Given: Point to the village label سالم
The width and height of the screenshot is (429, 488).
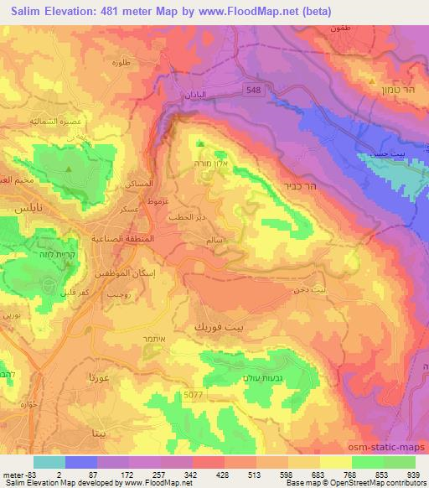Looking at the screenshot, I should pyautogui.click(x=214, y=241).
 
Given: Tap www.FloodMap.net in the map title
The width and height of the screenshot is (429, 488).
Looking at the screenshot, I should pyautogui.click(x=254, y=12).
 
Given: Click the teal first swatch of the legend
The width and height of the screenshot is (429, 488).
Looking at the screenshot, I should pyautogui.click(x=49, y=462).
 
